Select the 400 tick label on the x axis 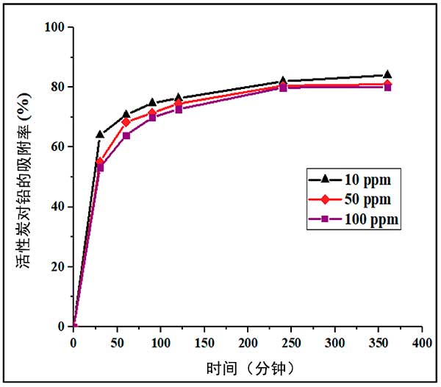tap(422, 343)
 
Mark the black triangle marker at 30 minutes tap(100, 135)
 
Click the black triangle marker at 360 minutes tap(387, 74)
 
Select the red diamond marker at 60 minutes tap(126, 122)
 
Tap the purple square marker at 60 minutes tap(126, 136)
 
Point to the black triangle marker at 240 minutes tap(283, 81)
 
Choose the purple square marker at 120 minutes tap(178, 110)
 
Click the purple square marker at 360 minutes tap(387, 87)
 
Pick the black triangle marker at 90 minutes tap(152, 103)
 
